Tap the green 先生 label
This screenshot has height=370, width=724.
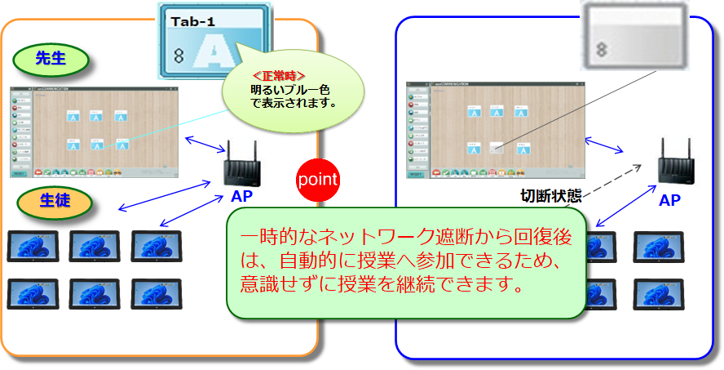click(51, 58)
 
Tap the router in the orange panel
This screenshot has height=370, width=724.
click(241, 163)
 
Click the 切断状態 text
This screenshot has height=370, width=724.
click(550, 196)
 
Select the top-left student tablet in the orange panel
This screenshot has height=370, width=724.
click(30, 245)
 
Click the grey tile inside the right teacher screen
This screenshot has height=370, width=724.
click(495, 148)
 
